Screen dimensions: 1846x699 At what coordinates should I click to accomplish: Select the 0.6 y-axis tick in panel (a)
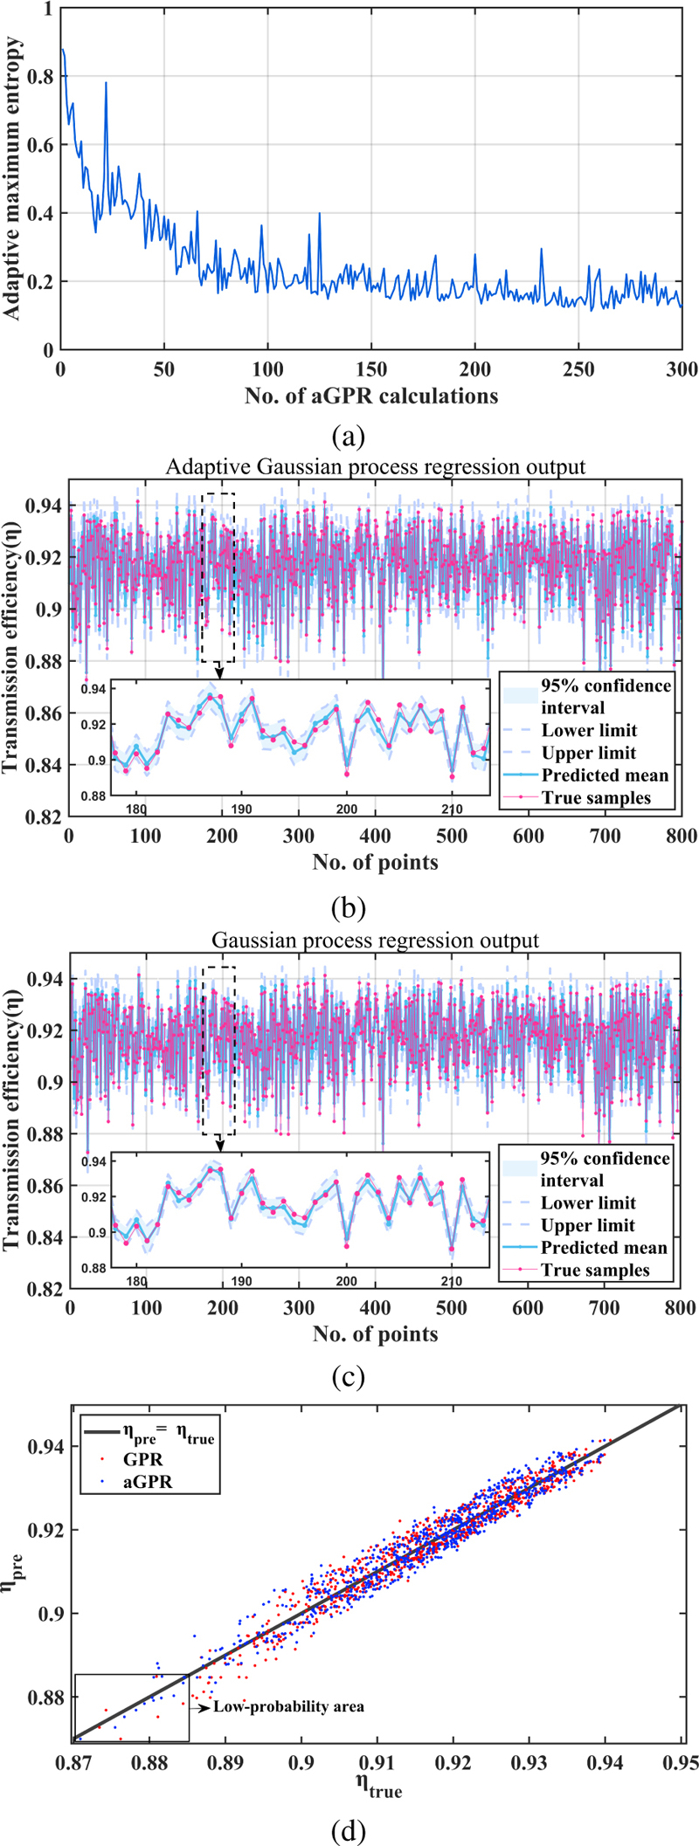click(x=40, y=145)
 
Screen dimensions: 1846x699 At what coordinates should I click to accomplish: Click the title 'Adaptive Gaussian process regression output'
click(x=376, y=466)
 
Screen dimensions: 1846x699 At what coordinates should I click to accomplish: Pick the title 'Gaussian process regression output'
click(x=376, y=940)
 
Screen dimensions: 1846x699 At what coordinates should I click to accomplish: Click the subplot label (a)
click(x=349, y=434)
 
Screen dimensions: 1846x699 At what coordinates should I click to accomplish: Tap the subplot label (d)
click(x=349, y=1829)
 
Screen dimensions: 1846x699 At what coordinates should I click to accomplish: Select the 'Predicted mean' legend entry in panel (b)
click(x=605, y=775)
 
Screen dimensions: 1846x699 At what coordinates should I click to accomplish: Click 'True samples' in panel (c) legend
click(x=595, y=1271)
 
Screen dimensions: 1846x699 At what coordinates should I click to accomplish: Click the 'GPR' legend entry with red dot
click(x=143, y=1459)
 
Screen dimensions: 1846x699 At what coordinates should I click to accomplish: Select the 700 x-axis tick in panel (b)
click(x=605, y=837)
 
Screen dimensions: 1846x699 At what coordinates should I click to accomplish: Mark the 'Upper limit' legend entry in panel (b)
click(x=589, y=753)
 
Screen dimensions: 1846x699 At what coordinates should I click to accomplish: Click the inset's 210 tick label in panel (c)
click(x=452, y=1281)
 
